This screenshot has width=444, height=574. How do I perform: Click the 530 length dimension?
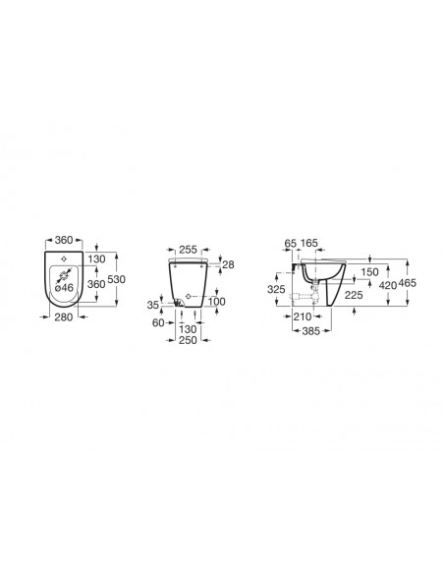coord(116,279)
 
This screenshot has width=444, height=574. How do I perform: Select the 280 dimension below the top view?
coord(64,317)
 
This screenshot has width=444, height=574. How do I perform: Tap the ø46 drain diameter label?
coord(64,288)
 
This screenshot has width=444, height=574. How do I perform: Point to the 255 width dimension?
coord(188,250)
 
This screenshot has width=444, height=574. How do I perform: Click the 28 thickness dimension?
coord(228,264)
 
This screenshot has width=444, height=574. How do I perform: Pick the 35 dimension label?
coord(153,305)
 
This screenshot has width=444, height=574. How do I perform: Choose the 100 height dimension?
coord(216,302)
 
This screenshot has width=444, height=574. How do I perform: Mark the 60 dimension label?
coord(158,322)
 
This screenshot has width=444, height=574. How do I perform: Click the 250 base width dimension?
coord(188,340)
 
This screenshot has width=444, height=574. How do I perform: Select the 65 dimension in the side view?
coord(290,243)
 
